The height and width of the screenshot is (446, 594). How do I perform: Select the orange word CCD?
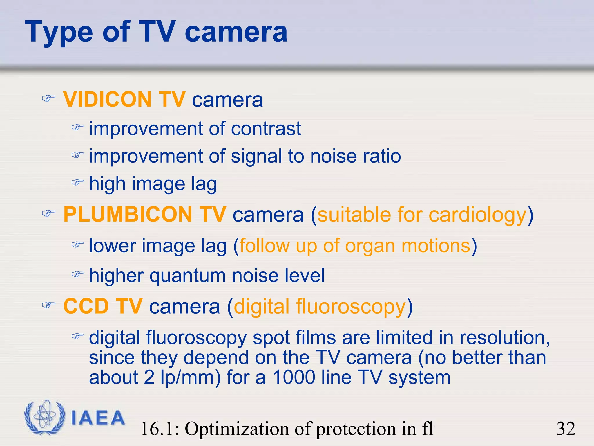click(x=86, y=306)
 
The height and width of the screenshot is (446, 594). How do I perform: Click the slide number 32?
click(x=566, y=429)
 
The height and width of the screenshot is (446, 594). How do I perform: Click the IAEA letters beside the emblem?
click(x=98, y=418)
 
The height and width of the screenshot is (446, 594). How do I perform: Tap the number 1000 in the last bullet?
click(x=294, y=377)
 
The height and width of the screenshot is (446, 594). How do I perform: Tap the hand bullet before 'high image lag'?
click(x=77, y=183)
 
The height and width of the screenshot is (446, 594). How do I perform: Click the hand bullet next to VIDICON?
click(x=48, y=99)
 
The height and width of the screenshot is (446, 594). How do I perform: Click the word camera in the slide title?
click(x=236, y=32)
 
